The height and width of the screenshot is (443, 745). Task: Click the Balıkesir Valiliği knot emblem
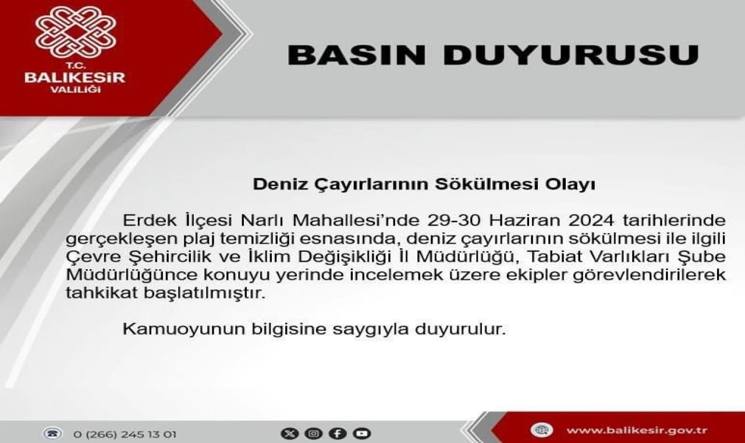(x=76, y=32)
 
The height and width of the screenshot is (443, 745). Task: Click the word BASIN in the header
(x=357, y=55)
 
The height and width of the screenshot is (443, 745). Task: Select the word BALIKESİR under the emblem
(x=75, y=78)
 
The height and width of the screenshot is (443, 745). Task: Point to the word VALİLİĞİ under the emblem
(x=75, y=90)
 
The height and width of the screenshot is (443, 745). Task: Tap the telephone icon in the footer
(x=52, y=433)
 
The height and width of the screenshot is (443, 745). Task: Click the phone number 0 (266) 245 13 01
(x=125, y=435)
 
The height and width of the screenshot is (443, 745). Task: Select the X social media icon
(x=290, y=433)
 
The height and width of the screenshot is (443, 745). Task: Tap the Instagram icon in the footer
(x=314, y=433)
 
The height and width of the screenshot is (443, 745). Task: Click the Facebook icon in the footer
(x=338, y=433)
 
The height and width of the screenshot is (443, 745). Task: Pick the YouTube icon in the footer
(x=362, y=433)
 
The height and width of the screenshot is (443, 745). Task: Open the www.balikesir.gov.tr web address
(x=637, y=430)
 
